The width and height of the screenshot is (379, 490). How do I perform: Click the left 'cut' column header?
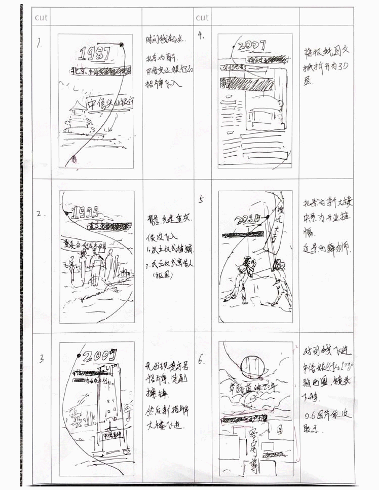tap(41, 17)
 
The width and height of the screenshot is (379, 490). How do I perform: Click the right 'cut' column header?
tap(202, 17)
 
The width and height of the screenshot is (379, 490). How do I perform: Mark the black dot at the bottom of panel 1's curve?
tap(74, 159)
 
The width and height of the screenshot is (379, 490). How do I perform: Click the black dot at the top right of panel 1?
tap(122, 46)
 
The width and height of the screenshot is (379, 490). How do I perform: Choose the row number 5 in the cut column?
tap(201, 199)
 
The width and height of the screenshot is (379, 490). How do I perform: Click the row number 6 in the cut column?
tap(202, 361)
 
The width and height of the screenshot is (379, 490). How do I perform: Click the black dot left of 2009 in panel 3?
tap(78, 357)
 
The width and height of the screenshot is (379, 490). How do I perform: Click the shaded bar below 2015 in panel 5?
tap(244, 234)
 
